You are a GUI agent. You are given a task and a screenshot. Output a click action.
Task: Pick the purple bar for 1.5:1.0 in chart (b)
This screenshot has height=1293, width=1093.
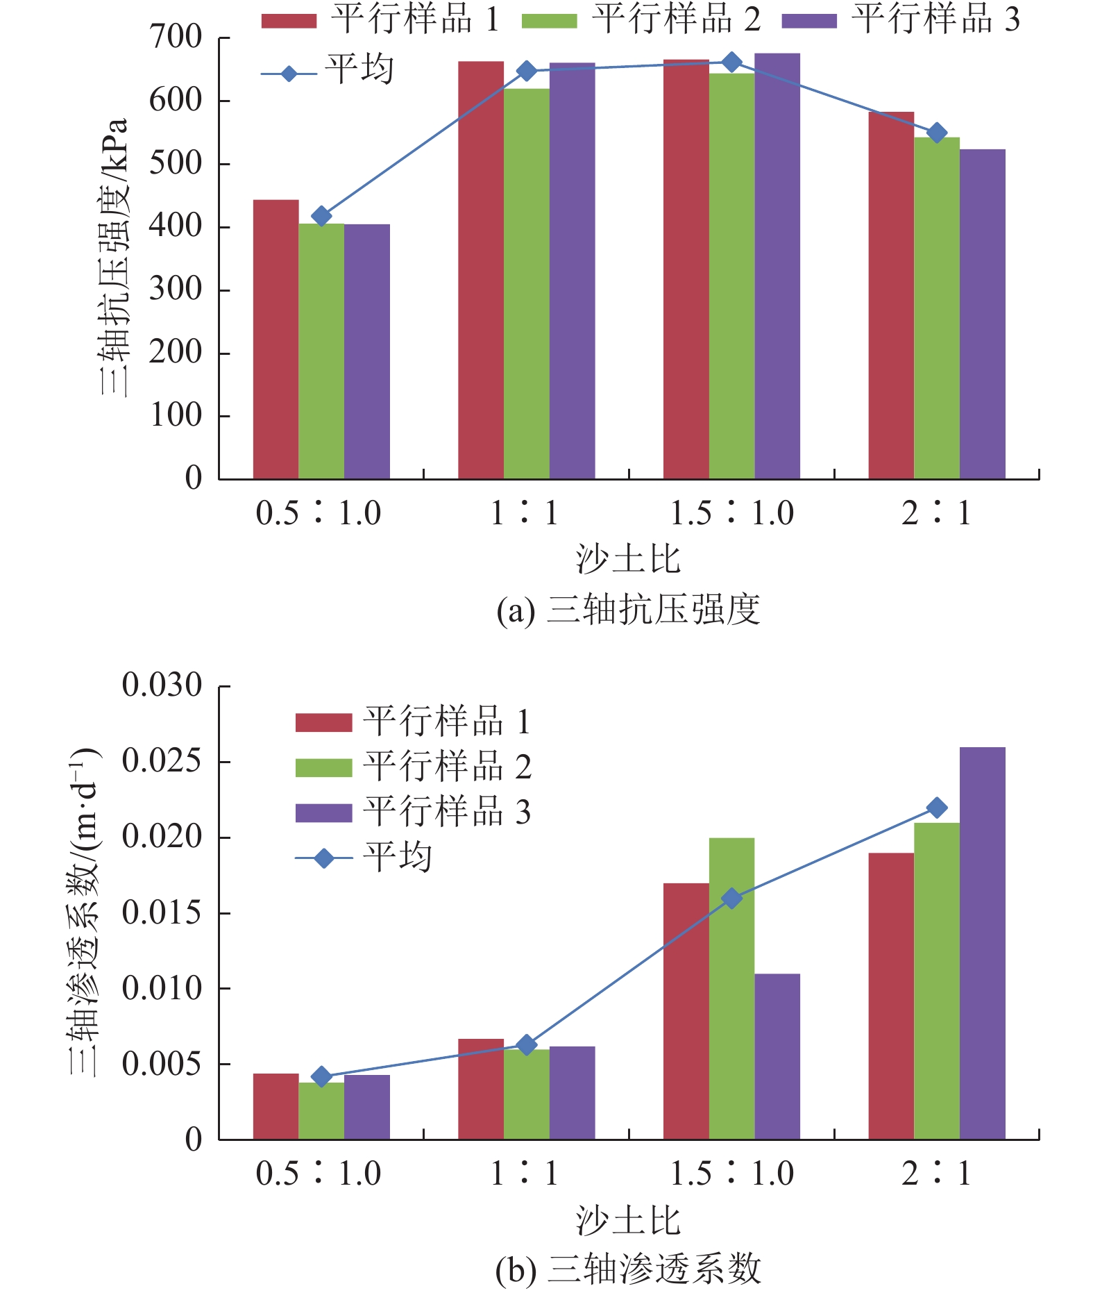(x=777, y=1056)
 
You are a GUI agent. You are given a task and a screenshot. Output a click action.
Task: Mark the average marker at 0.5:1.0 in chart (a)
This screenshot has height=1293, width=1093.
(x=321, y=216)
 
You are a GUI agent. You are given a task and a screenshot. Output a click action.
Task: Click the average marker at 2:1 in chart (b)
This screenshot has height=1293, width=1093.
(x=937, y=808)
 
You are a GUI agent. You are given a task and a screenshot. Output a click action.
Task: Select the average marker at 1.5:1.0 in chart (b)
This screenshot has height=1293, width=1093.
(x=731, y=898)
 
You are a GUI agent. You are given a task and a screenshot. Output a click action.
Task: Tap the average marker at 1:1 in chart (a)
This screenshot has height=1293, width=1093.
(x=527, y=71)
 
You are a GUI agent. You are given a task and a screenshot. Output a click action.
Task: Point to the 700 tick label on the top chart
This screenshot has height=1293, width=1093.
(x=176, y=37)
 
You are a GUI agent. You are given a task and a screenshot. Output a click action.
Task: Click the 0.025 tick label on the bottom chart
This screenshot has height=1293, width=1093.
(x=162, y=761)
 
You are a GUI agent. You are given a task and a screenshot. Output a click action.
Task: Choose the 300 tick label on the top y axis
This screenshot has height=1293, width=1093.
(x=176, y=289)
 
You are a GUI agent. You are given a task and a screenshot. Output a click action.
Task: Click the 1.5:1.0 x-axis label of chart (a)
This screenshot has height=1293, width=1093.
(x=731, y=513)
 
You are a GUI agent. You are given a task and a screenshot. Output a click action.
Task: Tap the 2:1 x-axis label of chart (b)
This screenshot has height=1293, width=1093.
(x=936, y=1174)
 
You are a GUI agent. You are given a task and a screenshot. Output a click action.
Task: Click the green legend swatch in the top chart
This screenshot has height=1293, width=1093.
(x=548, y=21)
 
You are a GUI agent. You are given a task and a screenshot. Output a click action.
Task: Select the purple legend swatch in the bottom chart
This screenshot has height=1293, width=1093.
(x=323, y=812)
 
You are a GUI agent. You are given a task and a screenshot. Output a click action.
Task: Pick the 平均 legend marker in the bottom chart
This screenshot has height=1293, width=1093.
(x=323, y=858)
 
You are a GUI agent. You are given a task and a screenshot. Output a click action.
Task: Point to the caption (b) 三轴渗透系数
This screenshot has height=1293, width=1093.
(x=628, y=1269)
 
